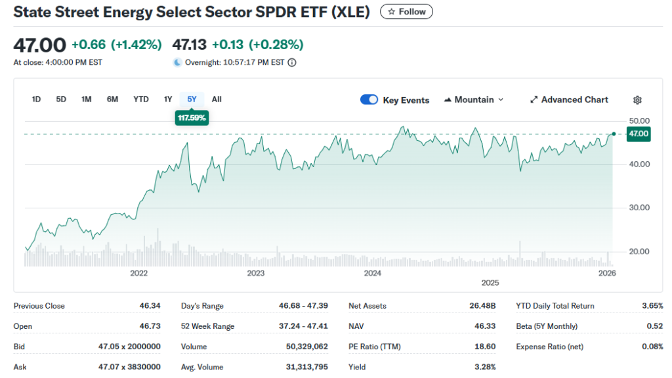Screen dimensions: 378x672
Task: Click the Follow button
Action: (406, 12)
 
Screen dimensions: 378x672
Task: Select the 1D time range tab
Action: (37, 100)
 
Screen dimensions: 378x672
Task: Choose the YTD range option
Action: (141, 100)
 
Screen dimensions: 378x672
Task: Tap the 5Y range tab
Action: (192, 100)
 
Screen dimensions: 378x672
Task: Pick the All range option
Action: (217, 100)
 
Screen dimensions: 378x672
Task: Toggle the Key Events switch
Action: (369, 100)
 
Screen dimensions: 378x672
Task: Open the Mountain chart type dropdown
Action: (474, 100)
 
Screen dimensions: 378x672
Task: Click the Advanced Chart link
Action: (569, 100)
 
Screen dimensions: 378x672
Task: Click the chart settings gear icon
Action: (637, 100)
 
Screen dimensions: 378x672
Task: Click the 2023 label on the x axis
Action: (255, 273)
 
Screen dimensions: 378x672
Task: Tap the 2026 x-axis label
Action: (607, 273)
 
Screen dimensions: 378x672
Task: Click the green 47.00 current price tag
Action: (639, 134)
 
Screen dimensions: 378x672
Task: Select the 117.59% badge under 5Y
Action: (192, 118)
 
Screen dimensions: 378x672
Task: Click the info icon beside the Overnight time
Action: (292, 63)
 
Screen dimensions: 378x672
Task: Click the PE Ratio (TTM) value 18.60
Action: (485, 347)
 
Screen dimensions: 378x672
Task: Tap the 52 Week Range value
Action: (303, 326)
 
